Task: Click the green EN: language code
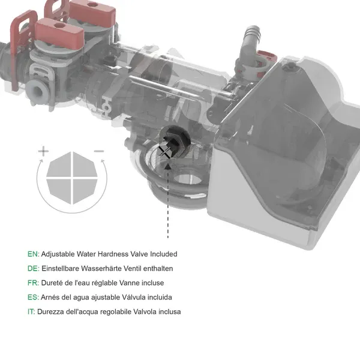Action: click(x=33, y=254)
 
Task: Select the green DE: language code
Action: click(x=33, y=269)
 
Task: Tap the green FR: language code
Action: click(x=33, y=283)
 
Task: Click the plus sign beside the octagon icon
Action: click(x=43, y=152)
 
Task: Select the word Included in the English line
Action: click(x=163, y=254)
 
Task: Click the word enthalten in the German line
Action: click(x=158, y=269)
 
